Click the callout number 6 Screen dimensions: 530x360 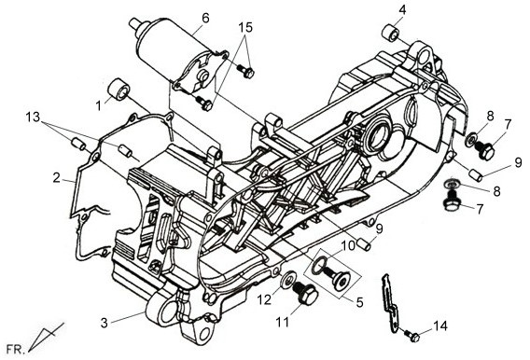tap(205, 18)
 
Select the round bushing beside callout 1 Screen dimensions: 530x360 tap(119, 90)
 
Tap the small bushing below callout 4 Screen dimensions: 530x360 tap(391, 33)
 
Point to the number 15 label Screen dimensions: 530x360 tap(245, 27)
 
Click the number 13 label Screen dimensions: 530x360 tap(33, 118)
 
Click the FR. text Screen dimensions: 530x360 tap(16, 349)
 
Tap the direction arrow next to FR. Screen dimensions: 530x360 tap(46, 337)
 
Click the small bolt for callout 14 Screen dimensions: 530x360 tap(412, 336)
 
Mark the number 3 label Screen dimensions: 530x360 tap(105, 323)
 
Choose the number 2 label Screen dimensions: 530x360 tap(57, 177)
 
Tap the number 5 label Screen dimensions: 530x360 tap(359, 302)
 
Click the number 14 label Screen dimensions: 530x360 tap(440, 326)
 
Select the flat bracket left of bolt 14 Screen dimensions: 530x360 tap(390, 303)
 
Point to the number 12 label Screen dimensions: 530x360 tap(264, 298)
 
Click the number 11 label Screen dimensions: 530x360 tap(283, 323)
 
